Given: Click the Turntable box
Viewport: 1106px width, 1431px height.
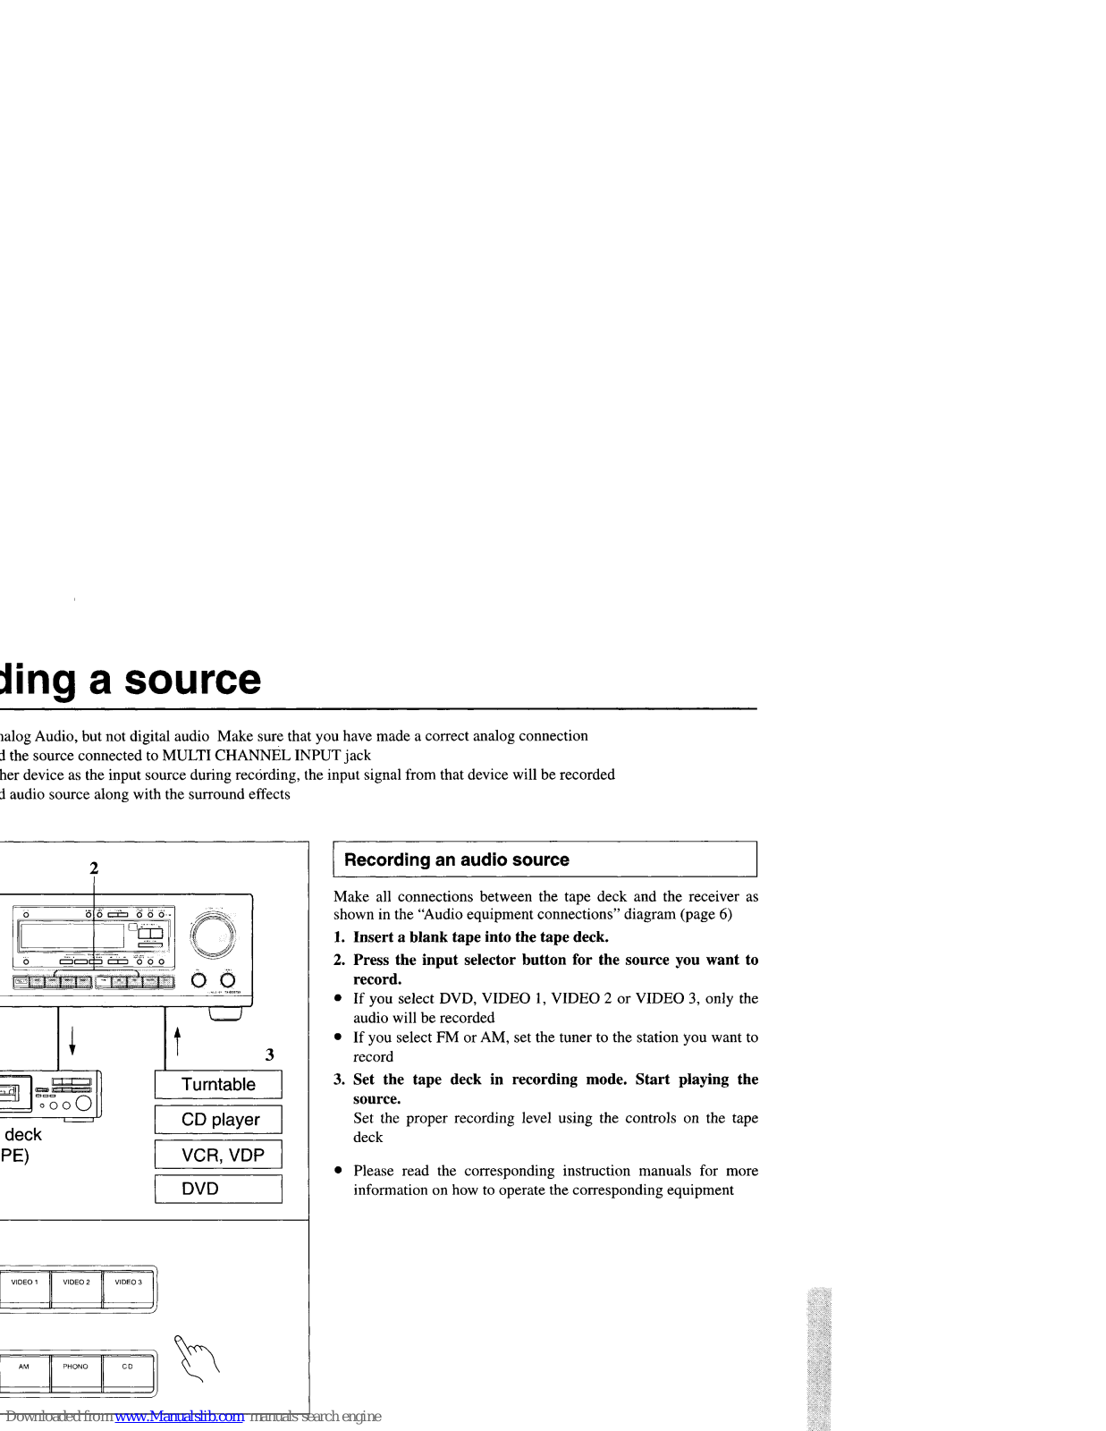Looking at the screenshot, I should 218,1084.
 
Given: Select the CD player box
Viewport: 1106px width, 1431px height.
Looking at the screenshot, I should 218,1120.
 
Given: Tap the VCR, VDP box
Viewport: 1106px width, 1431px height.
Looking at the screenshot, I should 218,1155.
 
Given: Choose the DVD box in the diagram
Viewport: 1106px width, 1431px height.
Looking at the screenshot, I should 218,1189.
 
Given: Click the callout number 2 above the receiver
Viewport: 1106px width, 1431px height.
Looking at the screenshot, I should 94,868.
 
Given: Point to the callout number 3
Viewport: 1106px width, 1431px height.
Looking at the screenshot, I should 270,1054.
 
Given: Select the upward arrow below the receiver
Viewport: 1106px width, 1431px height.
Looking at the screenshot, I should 177,1040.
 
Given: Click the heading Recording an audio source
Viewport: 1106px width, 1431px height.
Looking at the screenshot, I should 457,859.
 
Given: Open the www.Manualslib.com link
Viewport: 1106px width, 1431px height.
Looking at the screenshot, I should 179,1417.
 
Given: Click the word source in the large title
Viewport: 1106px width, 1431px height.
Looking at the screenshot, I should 192,679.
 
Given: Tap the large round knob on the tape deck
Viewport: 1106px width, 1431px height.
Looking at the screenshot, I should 82,1104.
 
